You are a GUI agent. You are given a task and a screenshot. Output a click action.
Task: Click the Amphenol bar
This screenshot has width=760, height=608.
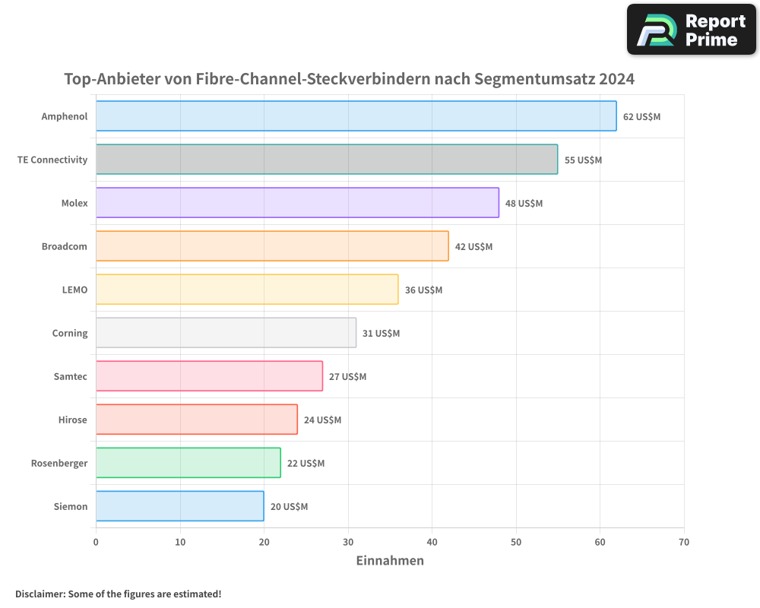356,116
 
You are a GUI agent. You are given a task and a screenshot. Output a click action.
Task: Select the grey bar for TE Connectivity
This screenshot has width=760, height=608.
327,160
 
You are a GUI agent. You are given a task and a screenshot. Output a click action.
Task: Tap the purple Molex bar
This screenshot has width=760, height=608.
297,203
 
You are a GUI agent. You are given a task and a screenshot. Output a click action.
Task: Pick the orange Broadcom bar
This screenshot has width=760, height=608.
272,246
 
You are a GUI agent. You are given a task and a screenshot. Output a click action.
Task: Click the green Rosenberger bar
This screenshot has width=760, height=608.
188,463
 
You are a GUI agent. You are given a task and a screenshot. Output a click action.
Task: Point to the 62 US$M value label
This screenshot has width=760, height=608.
641,117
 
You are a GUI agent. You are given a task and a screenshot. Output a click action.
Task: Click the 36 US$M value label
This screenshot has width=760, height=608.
423,290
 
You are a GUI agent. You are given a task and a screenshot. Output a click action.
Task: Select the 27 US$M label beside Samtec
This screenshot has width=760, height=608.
347,377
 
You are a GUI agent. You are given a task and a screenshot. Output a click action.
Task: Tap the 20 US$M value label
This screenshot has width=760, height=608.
289,507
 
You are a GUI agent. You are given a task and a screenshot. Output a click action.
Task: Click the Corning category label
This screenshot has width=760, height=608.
70,334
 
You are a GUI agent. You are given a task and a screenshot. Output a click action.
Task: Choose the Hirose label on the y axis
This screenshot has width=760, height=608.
73,420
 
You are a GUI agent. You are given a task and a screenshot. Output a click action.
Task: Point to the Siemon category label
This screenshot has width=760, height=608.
71,507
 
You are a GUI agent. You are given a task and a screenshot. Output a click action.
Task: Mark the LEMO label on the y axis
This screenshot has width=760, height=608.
74,290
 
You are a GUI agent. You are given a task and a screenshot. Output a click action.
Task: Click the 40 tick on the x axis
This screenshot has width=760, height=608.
432,543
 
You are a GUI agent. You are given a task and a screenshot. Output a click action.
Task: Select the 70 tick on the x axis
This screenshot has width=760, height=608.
683,543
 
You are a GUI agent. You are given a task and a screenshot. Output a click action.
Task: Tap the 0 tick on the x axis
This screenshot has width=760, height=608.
96,543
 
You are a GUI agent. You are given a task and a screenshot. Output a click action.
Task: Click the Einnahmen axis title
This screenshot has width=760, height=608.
390,561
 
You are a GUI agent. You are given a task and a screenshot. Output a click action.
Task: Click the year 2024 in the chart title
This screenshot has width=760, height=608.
616,79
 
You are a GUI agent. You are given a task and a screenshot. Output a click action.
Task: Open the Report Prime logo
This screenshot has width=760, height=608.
691,30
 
